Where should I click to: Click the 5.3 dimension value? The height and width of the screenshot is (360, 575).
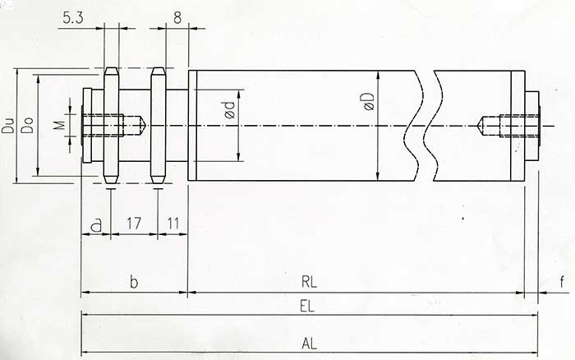coord(73,17)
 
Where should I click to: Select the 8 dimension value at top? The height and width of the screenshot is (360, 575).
coord(177,17)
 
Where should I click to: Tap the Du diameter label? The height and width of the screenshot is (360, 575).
coord(7,125)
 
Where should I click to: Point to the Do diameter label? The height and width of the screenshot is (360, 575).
coord(27,125)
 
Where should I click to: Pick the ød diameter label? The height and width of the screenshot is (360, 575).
coord(230,109)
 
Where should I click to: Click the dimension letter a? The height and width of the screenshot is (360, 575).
coord(96,224)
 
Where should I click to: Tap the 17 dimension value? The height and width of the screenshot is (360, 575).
coord(133,224)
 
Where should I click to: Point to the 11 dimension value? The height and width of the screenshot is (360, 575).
coord(172,224)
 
